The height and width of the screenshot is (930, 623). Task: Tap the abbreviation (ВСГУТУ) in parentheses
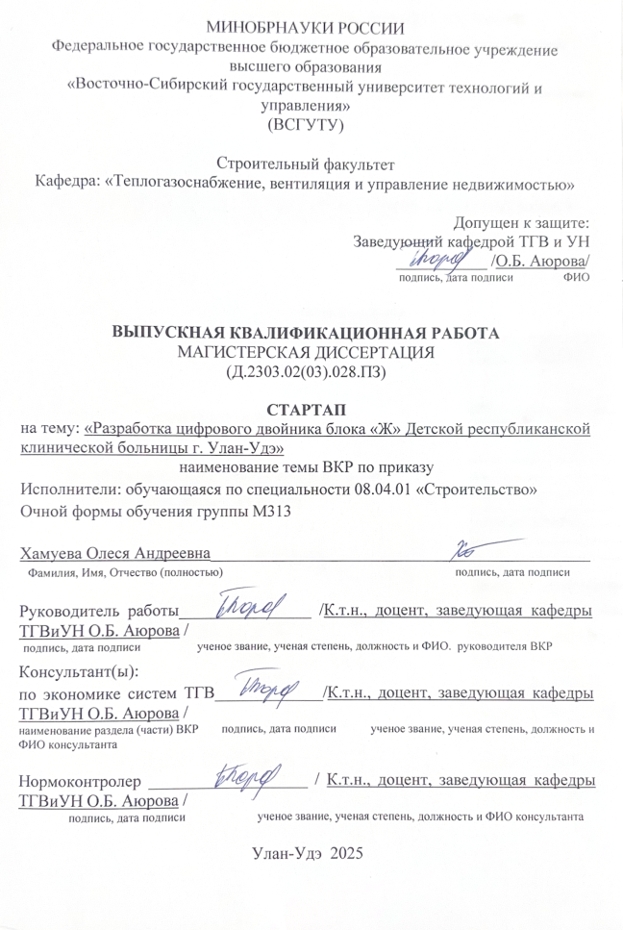pos(305,124)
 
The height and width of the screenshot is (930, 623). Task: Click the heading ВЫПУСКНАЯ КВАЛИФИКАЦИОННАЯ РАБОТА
pos(307,334)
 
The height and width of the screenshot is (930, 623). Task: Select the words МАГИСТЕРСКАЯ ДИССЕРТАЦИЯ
pos(307,352)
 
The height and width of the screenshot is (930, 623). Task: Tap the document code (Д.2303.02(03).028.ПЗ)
pos(307,370)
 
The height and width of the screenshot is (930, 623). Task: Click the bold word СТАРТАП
pos(305,409)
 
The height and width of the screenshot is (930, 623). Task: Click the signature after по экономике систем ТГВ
pos(264,688)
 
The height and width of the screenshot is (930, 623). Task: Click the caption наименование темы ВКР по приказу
pos(307,467)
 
